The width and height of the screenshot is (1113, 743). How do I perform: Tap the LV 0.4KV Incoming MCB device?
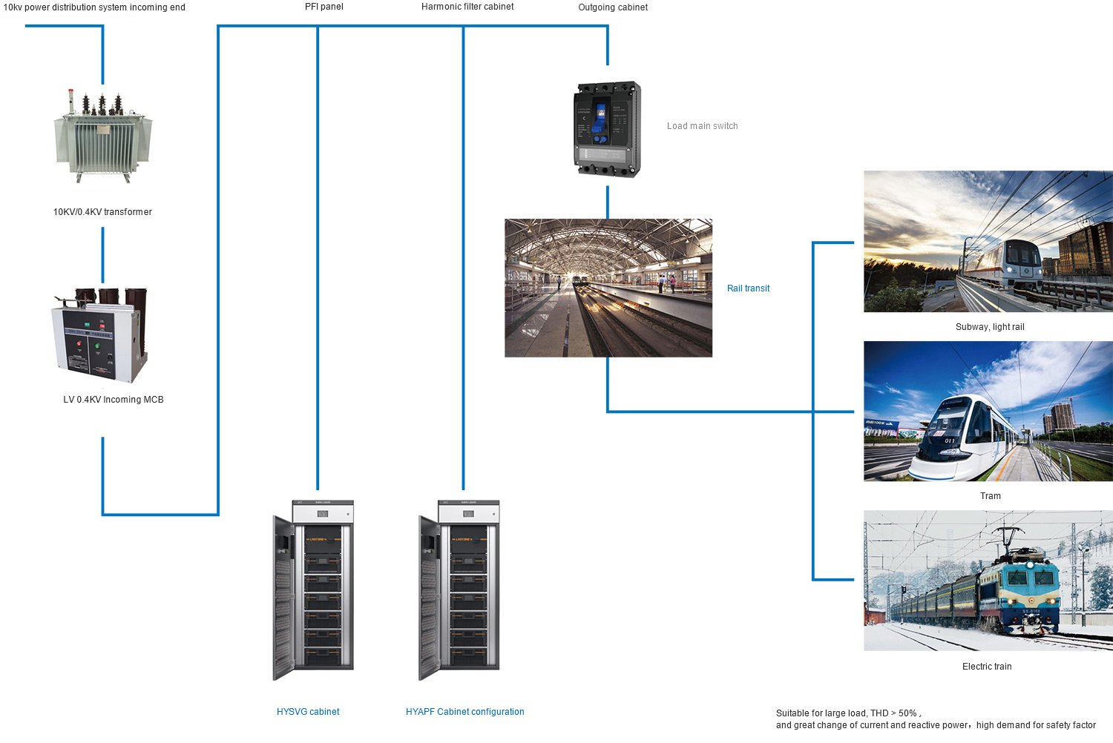point(100,334)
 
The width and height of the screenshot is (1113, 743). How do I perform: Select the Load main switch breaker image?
point(608,130)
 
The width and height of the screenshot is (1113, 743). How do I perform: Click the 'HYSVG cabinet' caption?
point(308,712)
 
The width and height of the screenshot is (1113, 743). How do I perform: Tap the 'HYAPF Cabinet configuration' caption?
point(464,712)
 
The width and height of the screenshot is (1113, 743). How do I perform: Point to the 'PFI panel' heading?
point(324,7)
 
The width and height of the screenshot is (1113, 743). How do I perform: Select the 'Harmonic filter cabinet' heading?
point(467,7)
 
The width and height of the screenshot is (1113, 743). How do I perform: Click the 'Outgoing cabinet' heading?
point(613,7)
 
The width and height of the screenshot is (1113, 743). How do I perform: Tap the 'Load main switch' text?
point(702,126)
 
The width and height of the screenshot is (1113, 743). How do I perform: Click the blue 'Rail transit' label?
point(748,288)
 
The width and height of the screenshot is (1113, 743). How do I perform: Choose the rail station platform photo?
point(608,288)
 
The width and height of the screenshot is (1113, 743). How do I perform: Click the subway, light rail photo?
point(988,241)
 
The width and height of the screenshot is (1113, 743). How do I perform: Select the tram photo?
point(988,411)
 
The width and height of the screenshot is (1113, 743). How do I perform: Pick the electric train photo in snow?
point(988,581)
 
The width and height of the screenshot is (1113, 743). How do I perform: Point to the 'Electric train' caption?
point(987,667)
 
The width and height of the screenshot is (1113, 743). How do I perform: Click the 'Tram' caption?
point(990,496)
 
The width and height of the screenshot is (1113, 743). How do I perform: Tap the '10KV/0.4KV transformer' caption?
point(102,212)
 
